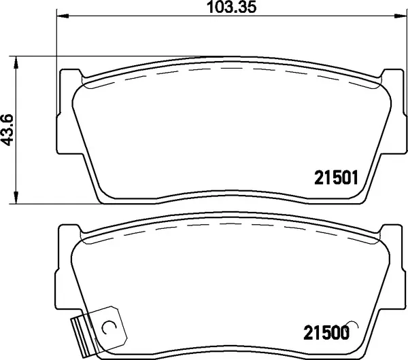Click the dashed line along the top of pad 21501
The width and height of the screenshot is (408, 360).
(x=231, y=68)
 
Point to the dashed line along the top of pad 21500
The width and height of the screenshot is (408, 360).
(x=231, y=223)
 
